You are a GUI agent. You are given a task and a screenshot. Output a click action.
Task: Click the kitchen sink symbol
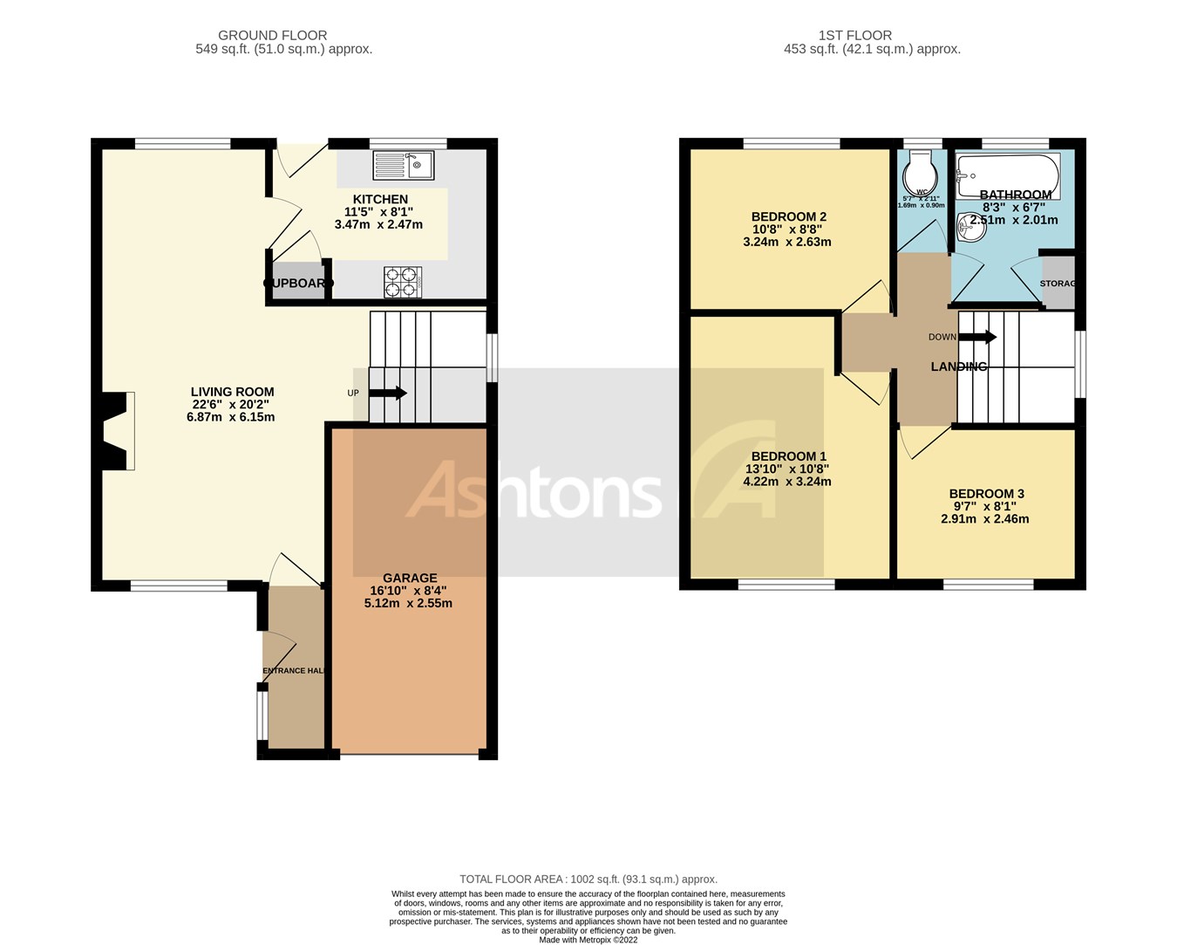coord(403,165)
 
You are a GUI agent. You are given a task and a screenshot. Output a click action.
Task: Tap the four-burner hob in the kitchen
coord(402,282)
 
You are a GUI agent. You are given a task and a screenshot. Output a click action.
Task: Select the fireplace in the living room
coord(117,431)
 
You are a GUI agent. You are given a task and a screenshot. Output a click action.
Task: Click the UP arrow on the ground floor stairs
coord(387,393)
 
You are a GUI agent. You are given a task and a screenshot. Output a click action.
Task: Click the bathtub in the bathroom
coord(1007,175)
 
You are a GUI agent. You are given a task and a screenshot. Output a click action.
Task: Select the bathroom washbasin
coord(968,229)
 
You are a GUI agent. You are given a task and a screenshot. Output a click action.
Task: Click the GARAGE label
coord(410,578)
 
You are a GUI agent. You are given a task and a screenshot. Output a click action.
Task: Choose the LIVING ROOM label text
coord(233,392)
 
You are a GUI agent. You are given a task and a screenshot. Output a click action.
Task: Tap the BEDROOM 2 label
coord(788,216)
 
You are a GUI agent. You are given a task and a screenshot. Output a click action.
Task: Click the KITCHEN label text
coord(380,199)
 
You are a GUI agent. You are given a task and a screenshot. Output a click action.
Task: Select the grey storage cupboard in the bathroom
coord(1058,283)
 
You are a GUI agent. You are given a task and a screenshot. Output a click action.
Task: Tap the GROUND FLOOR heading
coord(272,36)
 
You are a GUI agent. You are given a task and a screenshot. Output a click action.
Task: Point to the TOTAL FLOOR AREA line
coord(588,880)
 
